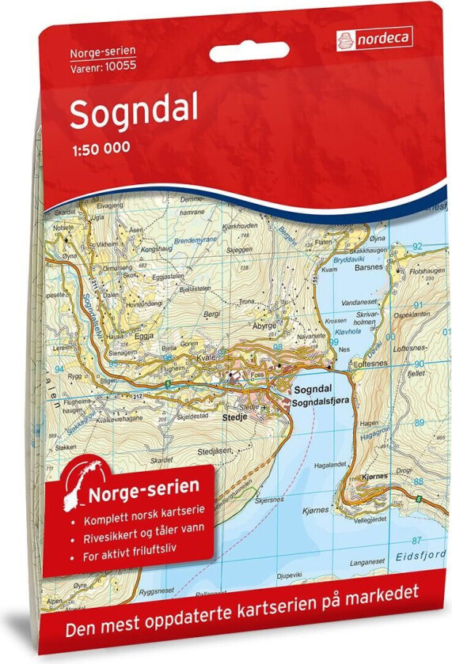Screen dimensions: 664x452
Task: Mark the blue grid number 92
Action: click(x=416, y=245)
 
